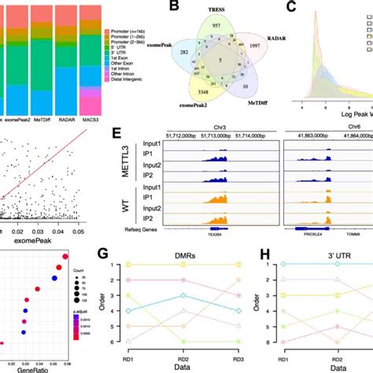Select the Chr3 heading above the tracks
229,135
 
